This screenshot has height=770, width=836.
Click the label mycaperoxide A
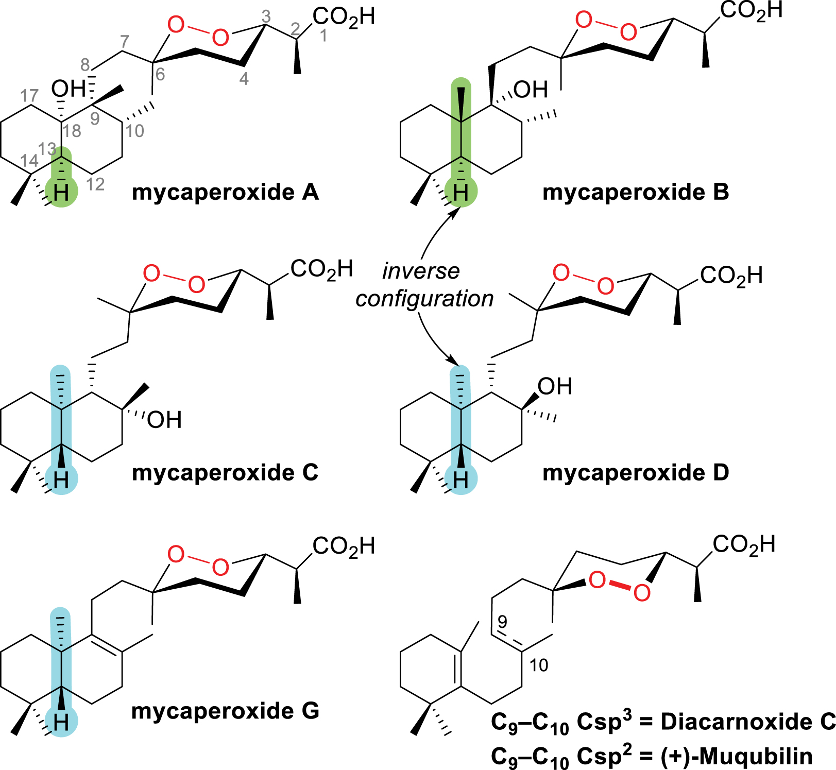click(x=225, y=192)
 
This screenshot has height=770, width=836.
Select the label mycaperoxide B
click(x=636, y=192)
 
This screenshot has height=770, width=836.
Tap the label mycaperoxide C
click(x=225, y=473)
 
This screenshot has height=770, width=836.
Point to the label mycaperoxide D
click(x=636, y=473)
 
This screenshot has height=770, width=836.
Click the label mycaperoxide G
click(x=225, y=711)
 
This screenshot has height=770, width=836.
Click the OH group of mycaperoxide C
click(x=164, y=420)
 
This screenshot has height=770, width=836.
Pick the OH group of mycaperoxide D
click(x=555, y=386)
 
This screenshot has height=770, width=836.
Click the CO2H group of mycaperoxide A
click(x=344, y=18)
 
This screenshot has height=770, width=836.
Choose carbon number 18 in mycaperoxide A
click(x=72, y=131)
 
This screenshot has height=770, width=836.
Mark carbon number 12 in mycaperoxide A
click(x=95, y=184)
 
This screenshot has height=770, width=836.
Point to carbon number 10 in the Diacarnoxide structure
click(x=539, y=665)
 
